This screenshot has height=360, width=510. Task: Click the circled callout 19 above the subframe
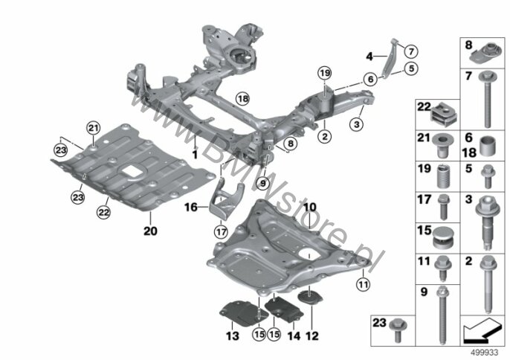tap(325, 73)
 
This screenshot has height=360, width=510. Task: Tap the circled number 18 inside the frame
tap(242, 98)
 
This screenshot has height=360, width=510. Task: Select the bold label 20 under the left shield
tap(151, 231)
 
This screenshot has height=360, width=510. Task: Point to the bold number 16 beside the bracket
tap(191, 207)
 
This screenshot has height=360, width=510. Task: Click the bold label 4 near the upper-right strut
tap(369, 57)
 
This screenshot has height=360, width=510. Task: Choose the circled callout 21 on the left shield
tap(94, 128)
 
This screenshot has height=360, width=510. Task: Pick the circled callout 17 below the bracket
tap(221, 232)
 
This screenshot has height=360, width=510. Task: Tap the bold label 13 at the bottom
tap(233, 335)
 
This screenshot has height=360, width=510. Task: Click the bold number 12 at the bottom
tap(312, 335)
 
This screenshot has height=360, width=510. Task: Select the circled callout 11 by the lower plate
tap(363, 285)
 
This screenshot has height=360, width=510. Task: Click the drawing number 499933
tap(485, 353)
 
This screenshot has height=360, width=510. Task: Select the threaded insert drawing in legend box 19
tap(445, 176)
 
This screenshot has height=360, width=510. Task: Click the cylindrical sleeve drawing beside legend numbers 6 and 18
tap(488, 146)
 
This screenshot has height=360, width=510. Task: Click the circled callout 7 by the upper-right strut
tap(411, 51)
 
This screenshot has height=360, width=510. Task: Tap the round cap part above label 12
tap(311, 298)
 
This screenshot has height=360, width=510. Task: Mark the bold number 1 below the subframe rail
tap(195, 154)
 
